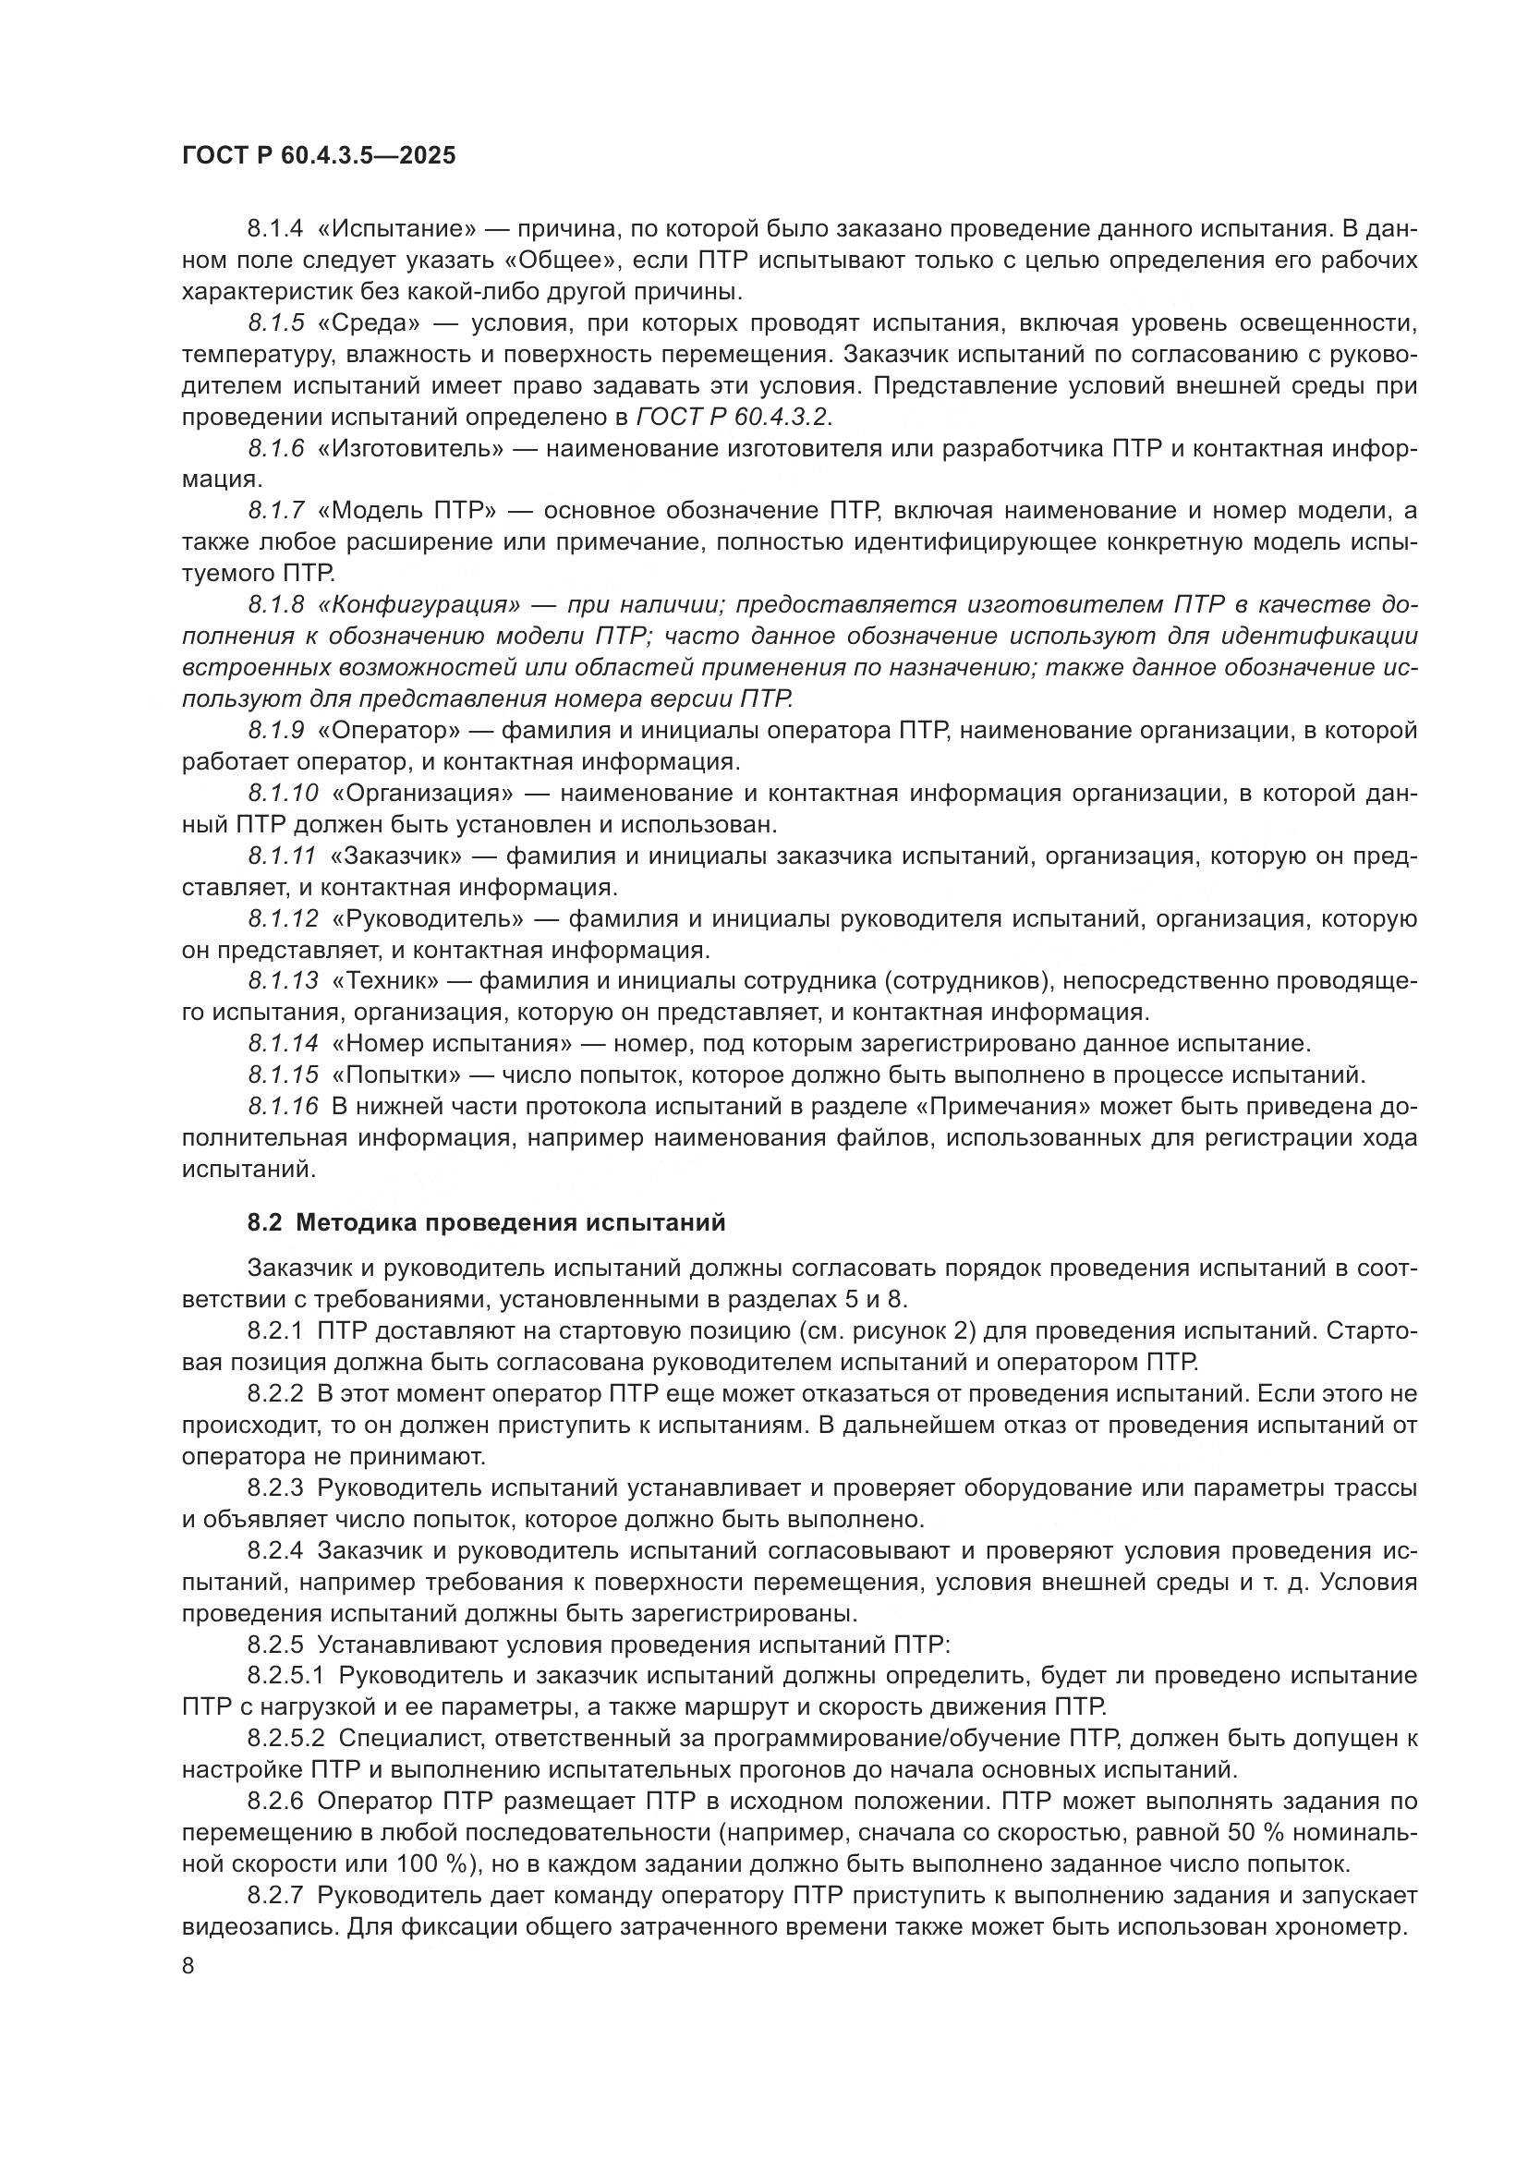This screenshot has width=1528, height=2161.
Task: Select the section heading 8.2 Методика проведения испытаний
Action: [487, 1222]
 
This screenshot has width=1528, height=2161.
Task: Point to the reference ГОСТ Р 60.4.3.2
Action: [734, 417]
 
